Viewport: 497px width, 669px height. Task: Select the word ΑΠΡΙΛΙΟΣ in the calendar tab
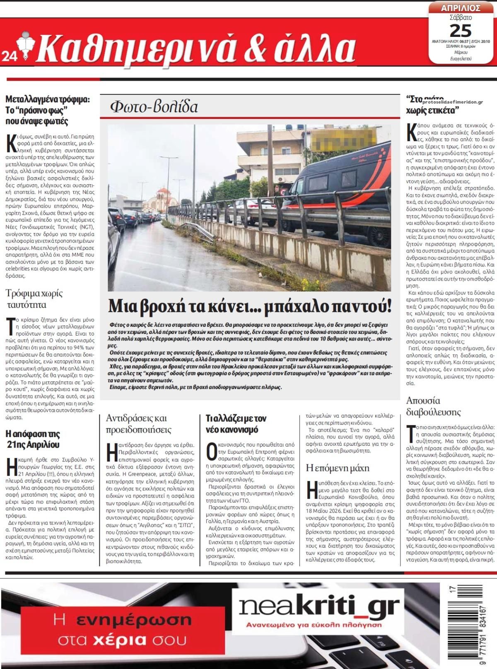461,8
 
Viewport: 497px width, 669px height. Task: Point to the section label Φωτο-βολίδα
154,107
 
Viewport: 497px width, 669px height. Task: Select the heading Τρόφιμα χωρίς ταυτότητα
34,299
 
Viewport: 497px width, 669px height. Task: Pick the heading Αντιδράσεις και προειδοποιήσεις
138,423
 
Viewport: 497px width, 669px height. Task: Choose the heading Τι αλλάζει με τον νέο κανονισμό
236,423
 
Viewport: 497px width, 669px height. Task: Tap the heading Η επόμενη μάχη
337,468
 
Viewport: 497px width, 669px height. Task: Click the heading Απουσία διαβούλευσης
433,406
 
